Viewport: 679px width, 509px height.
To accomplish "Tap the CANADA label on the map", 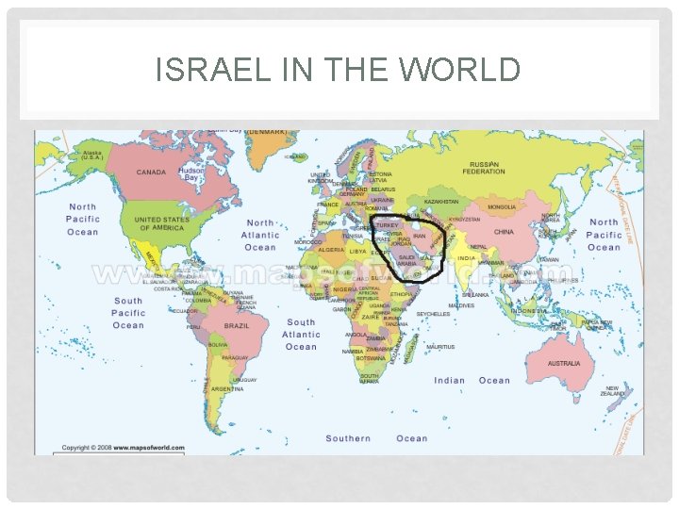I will point(151,172).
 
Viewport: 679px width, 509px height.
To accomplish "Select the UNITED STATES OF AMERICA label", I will point(161,223).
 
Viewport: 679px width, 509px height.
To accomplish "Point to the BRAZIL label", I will point(236,325).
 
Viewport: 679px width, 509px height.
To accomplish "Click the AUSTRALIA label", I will point(564,363).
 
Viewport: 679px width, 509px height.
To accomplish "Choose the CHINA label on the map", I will point(504,231).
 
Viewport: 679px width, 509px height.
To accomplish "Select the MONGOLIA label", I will point(501,206).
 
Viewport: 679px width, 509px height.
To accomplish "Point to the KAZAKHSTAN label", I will point(440,201).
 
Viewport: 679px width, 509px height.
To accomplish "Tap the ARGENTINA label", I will point(226,388).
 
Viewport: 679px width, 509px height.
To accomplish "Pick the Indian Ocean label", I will point(472,381).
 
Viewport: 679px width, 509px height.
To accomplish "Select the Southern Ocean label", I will point(376,438).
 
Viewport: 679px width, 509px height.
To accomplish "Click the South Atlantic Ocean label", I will point(301,335).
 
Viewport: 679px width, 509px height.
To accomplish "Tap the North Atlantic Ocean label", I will point(260,236).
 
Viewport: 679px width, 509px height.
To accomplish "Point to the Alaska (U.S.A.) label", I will point(93,156).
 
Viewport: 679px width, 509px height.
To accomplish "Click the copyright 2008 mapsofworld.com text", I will point(123,448).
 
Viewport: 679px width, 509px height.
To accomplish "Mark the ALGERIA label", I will point(331,250).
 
